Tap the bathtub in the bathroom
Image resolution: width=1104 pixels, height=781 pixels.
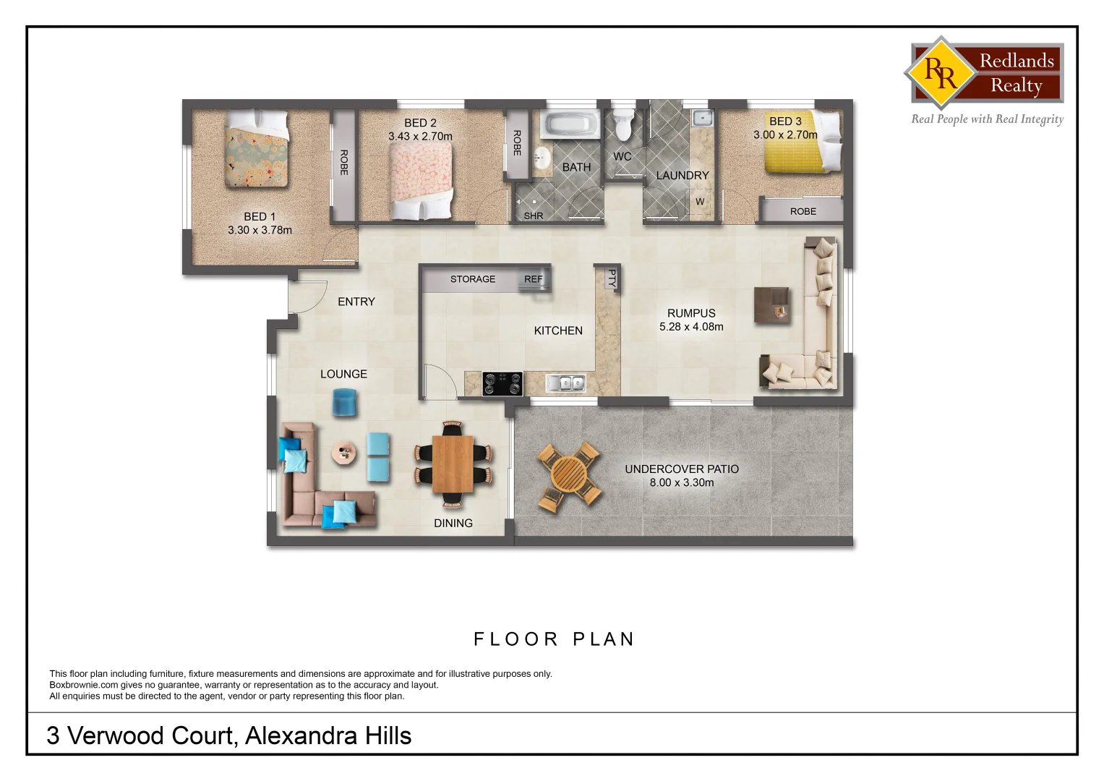coord(570,124)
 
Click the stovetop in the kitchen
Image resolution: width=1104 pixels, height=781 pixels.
coord(502,384)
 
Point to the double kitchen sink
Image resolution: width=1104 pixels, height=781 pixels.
coord(566,383)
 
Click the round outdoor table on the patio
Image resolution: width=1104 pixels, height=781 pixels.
coord(569,475)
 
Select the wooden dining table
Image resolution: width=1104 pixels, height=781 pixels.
coord(453,464)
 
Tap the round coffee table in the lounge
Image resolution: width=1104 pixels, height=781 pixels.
coord(344,453)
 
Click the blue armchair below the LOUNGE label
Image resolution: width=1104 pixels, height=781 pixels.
coord(345,402)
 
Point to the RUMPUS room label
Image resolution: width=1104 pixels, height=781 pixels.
coord(691,313)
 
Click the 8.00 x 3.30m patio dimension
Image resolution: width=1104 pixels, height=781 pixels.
coord(682,482)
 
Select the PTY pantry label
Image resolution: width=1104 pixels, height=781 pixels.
coord(612,278)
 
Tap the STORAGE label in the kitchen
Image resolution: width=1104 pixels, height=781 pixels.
coord(473,279)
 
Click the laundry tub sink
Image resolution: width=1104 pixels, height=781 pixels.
coord(701,118)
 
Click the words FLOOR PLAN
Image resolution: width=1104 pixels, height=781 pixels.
coord(554,639)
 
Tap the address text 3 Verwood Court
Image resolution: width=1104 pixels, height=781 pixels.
coord(142,735)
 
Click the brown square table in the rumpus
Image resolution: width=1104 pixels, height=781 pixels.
coord(772,304)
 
